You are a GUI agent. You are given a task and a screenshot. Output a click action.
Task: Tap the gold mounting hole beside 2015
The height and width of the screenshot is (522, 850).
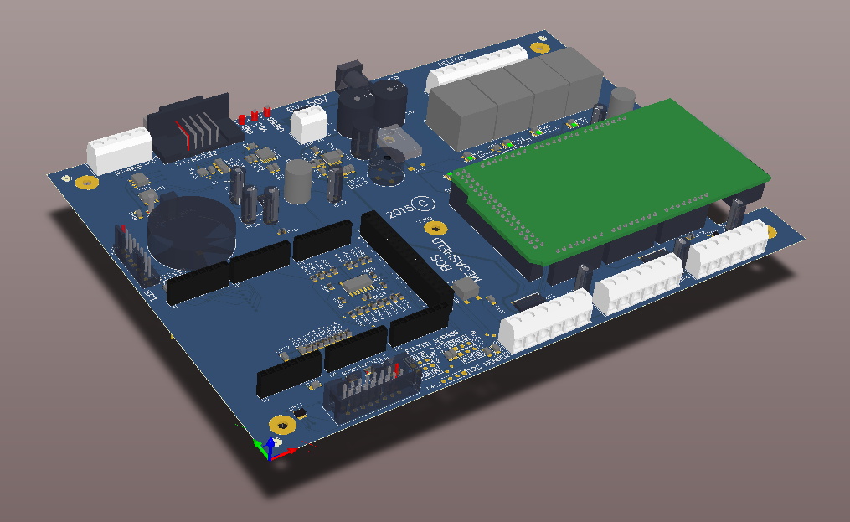[x=433, y=228]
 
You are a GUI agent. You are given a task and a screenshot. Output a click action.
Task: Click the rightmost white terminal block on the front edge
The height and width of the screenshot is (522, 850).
[x=726, y=247]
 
